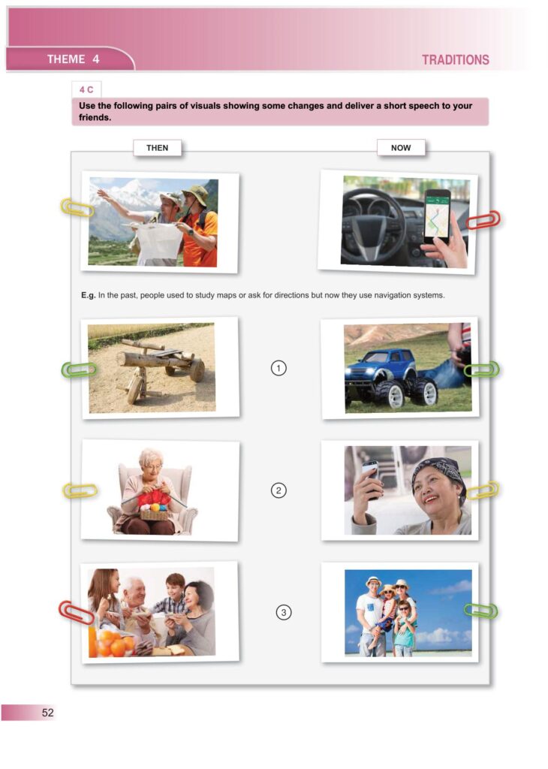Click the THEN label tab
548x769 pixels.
coord(157,148)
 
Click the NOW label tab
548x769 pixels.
coord(400,148)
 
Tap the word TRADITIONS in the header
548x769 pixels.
coord(456,60)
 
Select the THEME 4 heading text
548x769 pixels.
coord(73,59)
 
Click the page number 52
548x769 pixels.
coord(47,713)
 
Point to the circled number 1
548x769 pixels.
coord(279,368)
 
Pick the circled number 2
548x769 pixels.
coord(279,490)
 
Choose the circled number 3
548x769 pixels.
coord(283,612)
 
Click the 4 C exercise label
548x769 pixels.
coord(86,90)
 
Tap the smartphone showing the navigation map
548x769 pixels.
coord(437,216)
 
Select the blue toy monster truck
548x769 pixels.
coord(390,378)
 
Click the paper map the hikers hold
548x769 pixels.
coord(158,242)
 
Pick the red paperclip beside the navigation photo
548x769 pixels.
coord(483,220)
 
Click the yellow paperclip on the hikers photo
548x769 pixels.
coord(77,207)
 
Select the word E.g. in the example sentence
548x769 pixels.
coord(89,295)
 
